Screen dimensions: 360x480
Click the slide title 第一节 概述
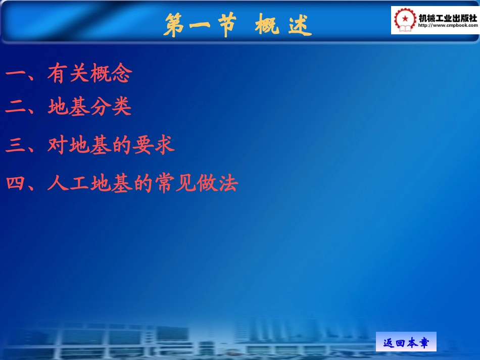point(237,25)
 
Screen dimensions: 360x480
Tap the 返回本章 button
point(406,343)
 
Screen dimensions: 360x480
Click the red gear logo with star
point(404,20)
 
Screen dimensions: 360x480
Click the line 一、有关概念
point(69,74)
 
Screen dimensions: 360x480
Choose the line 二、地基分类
point(69,107)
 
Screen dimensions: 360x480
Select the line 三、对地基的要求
point(90,145)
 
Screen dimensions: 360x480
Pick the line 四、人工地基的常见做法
point(121,183)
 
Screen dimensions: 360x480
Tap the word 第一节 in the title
point(200,25)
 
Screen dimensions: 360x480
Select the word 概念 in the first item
point(111,74)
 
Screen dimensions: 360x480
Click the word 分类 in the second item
point(111,107)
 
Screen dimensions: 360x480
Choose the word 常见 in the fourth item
point(175,183)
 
